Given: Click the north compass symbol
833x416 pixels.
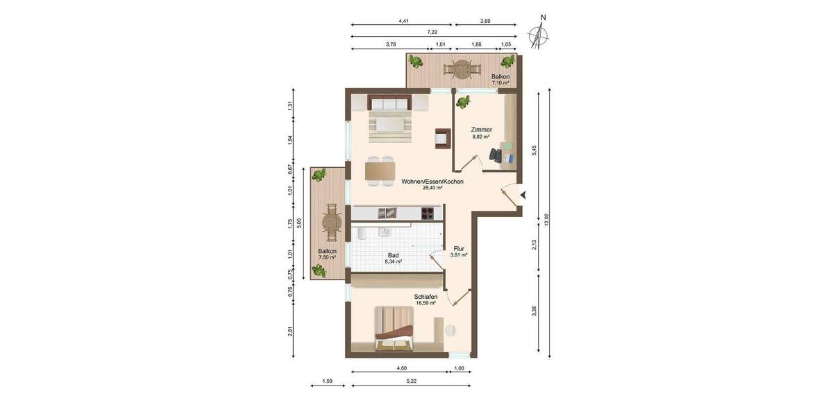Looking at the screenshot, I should [538, 35].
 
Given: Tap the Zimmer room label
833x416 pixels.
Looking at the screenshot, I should [481, 130].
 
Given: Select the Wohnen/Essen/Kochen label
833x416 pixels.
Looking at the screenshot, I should [432, 182].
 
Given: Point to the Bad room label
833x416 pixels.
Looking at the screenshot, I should [394, 254].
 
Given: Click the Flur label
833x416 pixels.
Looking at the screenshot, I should [459, 248].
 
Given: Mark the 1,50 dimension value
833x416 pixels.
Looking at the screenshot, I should [328, 381].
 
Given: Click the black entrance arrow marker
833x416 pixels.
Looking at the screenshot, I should [523, 196].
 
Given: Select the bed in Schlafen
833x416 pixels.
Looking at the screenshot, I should [395, 329].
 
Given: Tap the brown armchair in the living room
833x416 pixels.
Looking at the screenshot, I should [442, 138].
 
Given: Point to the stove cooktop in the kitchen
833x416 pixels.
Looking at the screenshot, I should [431, 214].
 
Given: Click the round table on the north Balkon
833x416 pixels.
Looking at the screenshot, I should [462, 69].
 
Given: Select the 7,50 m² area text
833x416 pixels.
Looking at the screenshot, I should [327, 258].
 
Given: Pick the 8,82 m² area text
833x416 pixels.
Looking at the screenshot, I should [481, 137].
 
